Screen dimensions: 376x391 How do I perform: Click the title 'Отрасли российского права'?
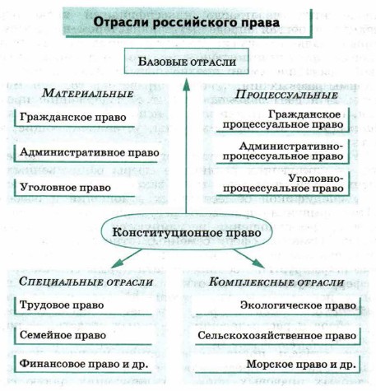point(187,22)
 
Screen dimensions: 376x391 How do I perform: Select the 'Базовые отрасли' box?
point(187,61)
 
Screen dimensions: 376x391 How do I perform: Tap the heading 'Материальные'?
point(88,93)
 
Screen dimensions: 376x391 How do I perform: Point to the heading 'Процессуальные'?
point(286,95)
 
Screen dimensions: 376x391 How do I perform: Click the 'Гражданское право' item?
point(73,118)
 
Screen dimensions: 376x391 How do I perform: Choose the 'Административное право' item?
point(90,152)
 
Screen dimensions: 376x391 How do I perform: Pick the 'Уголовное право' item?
point(66,188)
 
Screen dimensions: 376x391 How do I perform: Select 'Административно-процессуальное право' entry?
point(283,151)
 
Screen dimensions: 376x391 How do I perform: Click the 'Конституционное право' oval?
point(187,233)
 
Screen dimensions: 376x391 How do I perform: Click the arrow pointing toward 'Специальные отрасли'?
point(127,258)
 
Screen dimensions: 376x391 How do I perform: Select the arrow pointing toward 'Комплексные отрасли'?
point(249,258)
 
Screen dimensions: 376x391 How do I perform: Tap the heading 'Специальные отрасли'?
point(86,282)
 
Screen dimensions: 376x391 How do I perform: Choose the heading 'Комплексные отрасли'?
point(276,282)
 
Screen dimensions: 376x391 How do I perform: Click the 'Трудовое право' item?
point(62,305)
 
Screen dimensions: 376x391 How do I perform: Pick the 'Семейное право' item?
point(63,335)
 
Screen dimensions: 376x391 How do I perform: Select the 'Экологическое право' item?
point(298,305)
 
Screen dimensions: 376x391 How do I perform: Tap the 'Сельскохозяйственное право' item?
point(277,336)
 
